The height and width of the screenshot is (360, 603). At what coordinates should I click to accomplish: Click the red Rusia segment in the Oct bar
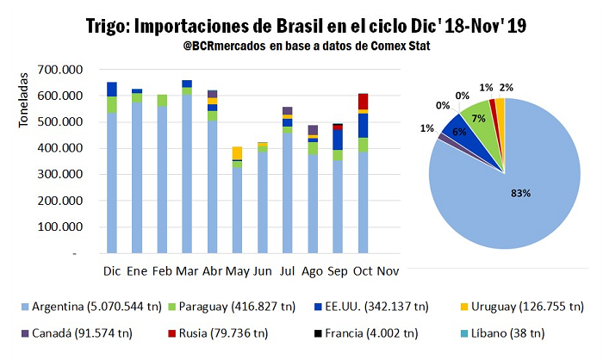click(364, 102)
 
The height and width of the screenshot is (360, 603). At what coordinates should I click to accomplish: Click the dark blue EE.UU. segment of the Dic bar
click(112, 89)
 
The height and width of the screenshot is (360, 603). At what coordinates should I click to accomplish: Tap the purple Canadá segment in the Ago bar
click(313, 129)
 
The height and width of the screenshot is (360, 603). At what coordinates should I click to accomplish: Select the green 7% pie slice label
click(477, 117)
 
